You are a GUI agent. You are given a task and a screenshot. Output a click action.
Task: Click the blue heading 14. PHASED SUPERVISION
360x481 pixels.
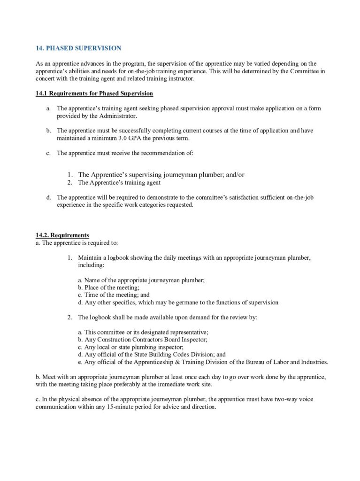point(79,48)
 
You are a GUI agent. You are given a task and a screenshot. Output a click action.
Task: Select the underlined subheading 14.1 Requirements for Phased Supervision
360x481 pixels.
point(94,93)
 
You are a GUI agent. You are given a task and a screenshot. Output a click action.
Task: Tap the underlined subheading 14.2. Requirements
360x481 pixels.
point(62,235)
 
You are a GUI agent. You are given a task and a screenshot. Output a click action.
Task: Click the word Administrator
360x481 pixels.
point(107,116)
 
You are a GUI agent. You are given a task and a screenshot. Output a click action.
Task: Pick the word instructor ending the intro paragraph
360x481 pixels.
point(182,78)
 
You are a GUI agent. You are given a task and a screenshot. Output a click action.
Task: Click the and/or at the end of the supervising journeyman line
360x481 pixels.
point(235,174)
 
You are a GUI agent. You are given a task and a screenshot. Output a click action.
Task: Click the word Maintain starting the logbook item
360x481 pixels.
point(89,258)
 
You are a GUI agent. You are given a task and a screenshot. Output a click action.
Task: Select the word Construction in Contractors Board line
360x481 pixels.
point(113,340)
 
